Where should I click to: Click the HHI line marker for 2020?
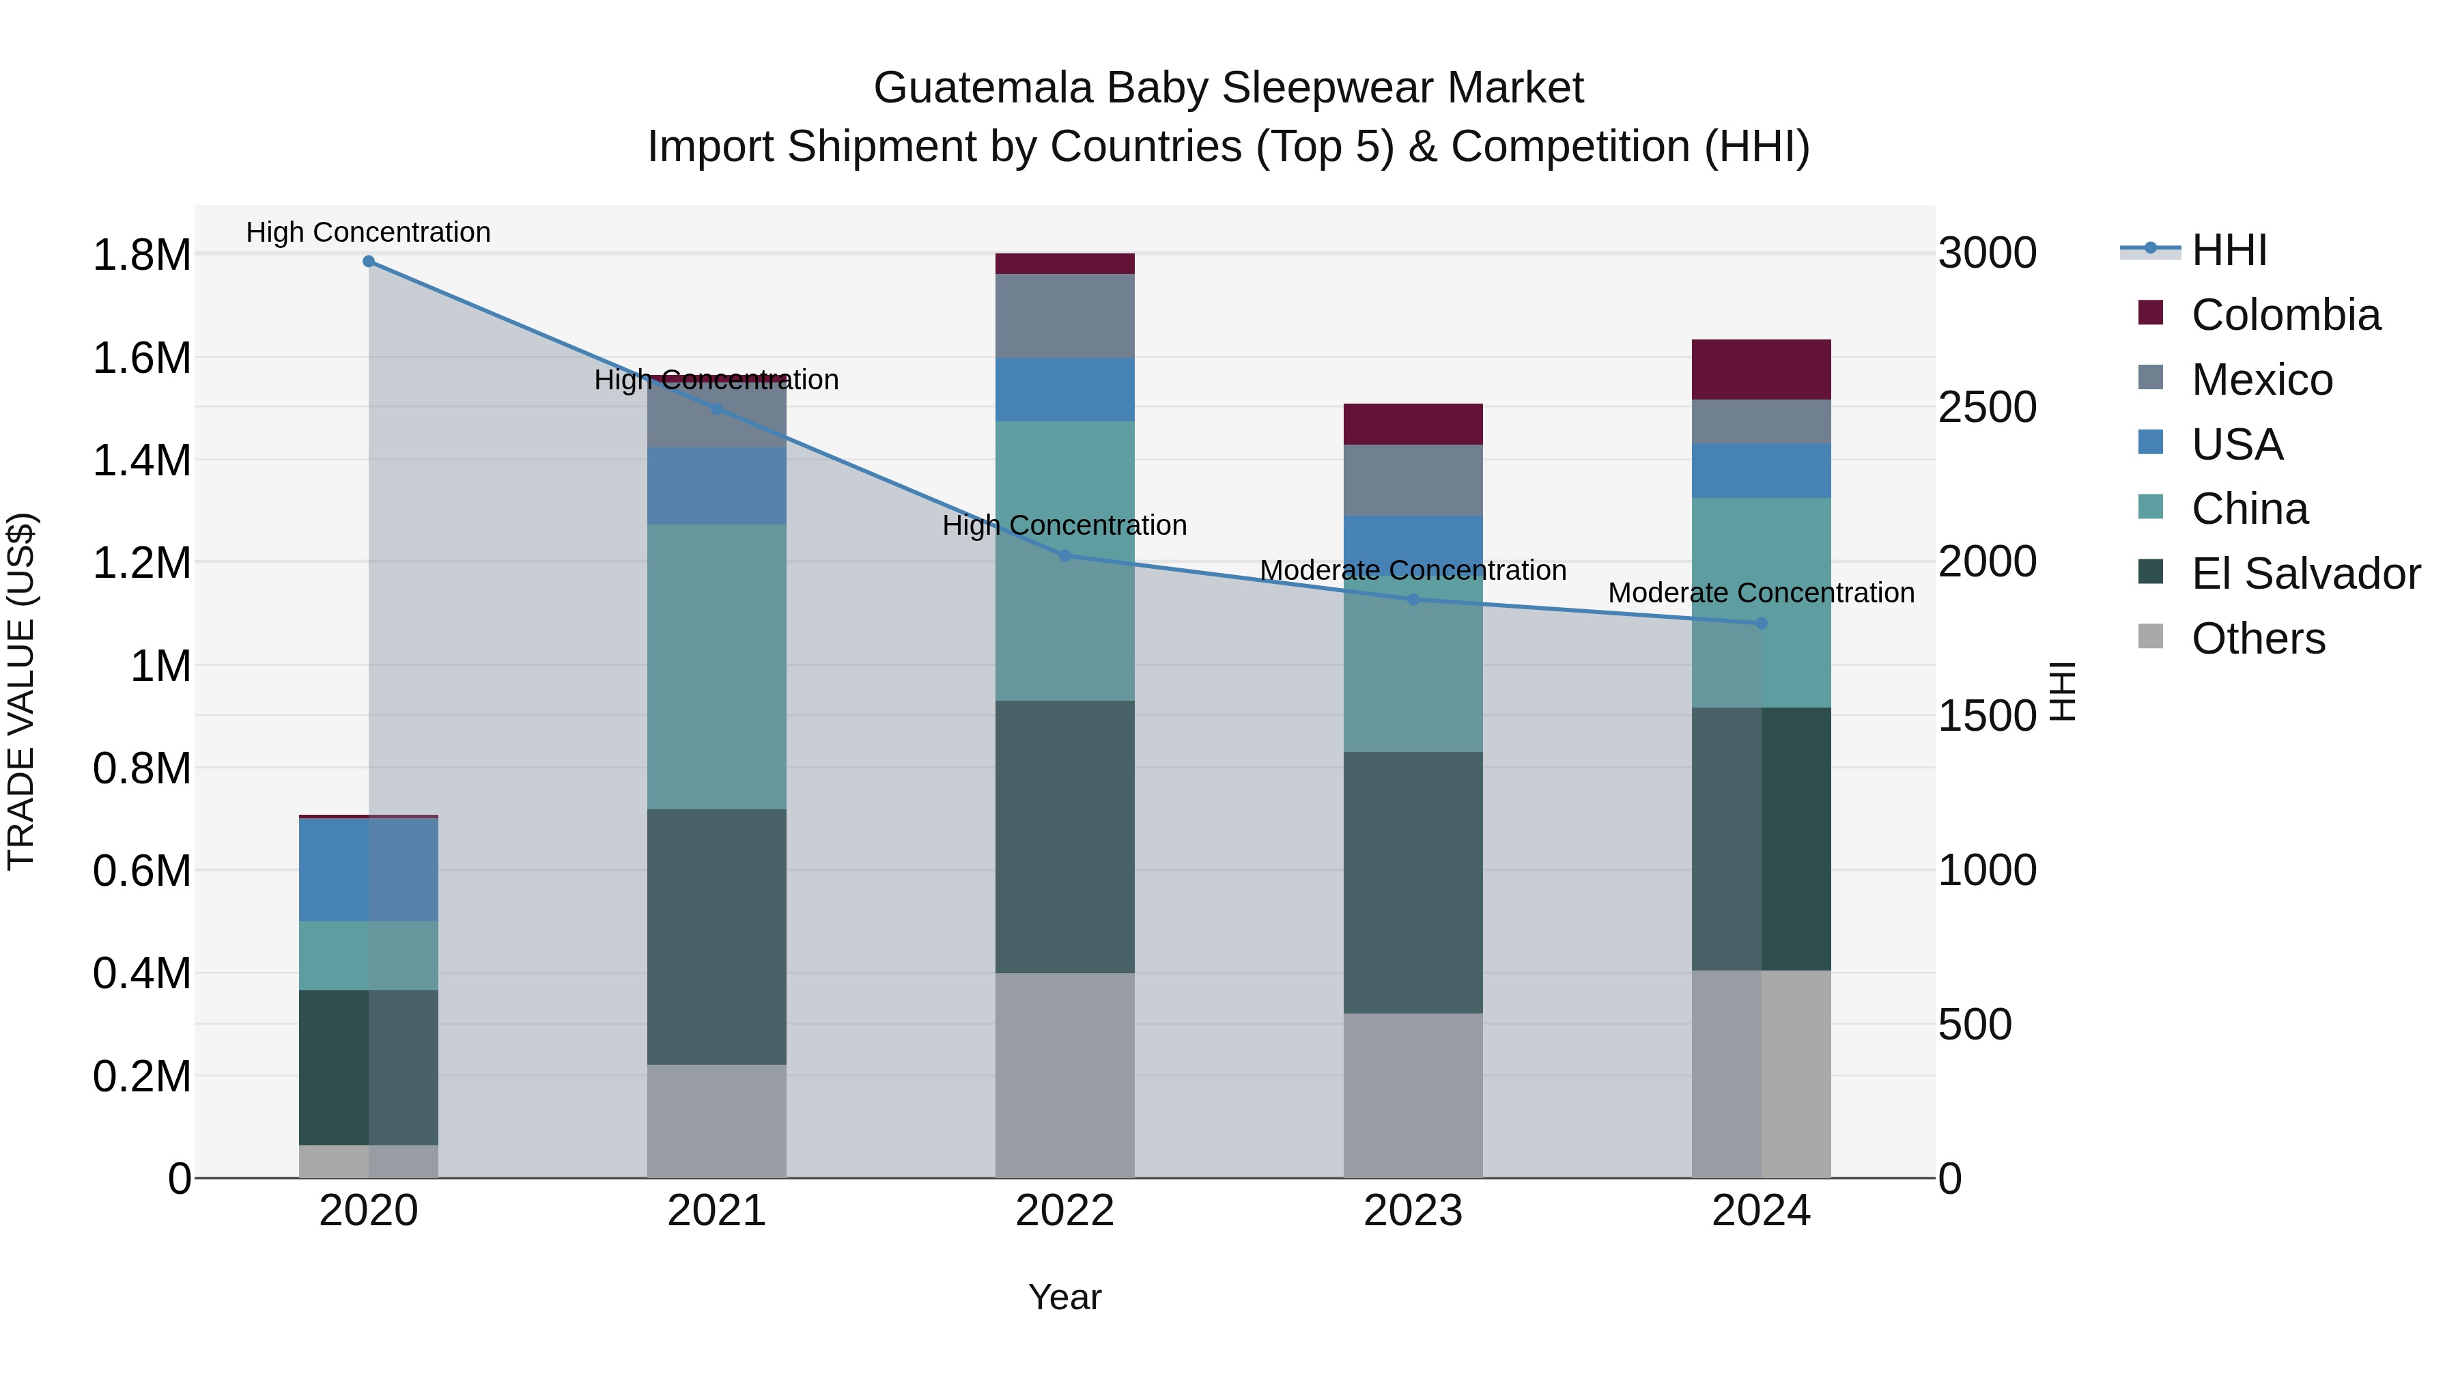click(x=368, y=262)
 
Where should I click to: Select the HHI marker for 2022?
click(x=1065, y=555)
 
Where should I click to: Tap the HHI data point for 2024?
click(x=1762, y=624)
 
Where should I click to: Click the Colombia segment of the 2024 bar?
click(x=1762, y=369)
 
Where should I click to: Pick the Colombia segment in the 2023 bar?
click(x=1413, y=423)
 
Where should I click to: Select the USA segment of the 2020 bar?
click(x=368, y=869)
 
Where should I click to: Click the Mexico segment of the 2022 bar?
click(x=1065, y=316)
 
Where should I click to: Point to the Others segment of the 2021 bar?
click(x=717, y=1121)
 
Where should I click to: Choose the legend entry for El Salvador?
click(x=2305, y=574)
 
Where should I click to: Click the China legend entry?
click(x=2249, y=509)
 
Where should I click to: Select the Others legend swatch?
click(x=2151, y=637)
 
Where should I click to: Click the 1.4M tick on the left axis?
click(x=141, y=461)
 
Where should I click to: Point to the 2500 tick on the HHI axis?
click(x=1988, y=408)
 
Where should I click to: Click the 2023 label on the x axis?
click(x=1413, y=1211)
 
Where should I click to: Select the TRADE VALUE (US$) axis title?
click(x=22, y=691)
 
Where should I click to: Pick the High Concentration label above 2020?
click(x=368, y=233)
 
